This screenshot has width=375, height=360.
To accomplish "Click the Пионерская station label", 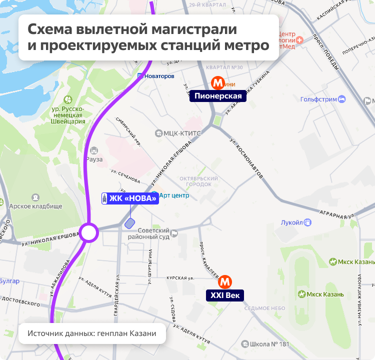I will tap(218, 96).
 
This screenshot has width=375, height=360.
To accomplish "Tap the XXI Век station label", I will tap(225, 295).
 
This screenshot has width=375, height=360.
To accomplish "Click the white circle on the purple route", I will tap(89, 233).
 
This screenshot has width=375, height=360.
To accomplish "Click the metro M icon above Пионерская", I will tap(217, 82).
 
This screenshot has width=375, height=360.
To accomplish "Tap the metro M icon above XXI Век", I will tap(225, 281).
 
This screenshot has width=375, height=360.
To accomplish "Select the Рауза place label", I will tap(94, 159).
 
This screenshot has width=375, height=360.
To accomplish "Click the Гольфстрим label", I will tap(319, 99).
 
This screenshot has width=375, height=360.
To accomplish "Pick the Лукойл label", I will tap(292, 222).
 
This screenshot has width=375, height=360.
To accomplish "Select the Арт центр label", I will tap(173, 195).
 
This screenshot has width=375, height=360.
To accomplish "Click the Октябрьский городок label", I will tap(199, 181).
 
